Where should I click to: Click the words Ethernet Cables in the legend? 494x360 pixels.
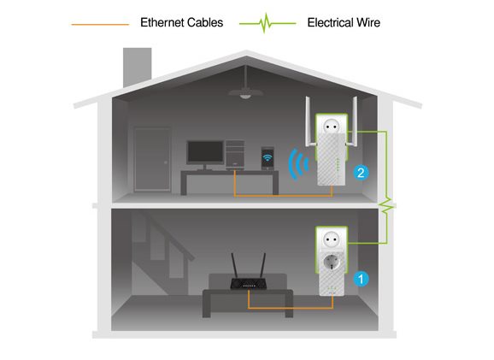pos(181,23)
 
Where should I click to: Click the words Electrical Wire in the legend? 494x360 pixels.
pos(344,23)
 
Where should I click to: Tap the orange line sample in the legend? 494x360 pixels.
pos(100,24)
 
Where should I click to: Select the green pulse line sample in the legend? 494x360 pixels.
pos(268,23)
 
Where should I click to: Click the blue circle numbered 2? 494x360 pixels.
pos(361,173)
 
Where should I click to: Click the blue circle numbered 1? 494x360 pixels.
pos(361,279)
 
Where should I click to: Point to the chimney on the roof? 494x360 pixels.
pos(137,67)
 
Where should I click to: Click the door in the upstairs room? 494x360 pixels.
pos(152,159)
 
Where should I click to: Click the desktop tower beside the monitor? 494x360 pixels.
pos(235,154)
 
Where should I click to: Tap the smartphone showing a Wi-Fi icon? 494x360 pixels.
pos(268,158)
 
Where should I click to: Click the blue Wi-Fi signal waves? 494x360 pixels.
pos(297,164)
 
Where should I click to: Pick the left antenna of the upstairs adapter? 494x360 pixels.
pos(309,122)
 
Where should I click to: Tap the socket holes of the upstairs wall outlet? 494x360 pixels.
pos(332,127)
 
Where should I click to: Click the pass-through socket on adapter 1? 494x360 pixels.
pos(332,263)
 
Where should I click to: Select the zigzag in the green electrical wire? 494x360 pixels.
pos(386,206)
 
